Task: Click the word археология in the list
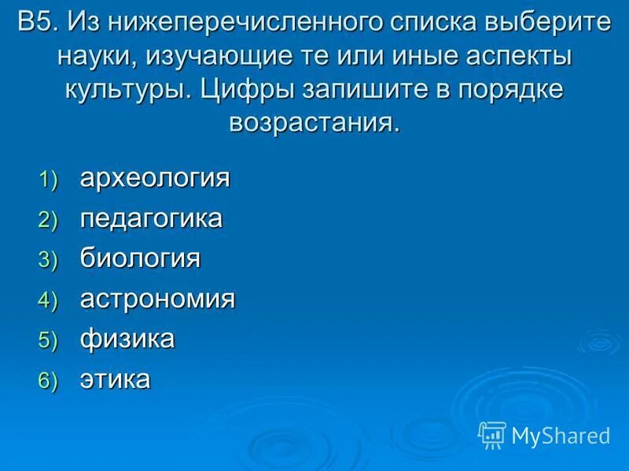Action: click(155, 178)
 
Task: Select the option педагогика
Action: click(151, 218)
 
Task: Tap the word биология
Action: click(140, 258)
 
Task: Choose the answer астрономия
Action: click(157, 299)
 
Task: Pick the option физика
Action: click(127, 339)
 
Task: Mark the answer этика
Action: click(115, 380)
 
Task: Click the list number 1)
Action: click(49, 181)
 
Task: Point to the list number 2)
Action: click(49, 221)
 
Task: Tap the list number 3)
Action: click(49, 261)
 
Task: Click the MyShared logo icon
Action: click(491, 434)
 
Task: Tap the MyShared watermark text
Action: click(561, 436)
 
